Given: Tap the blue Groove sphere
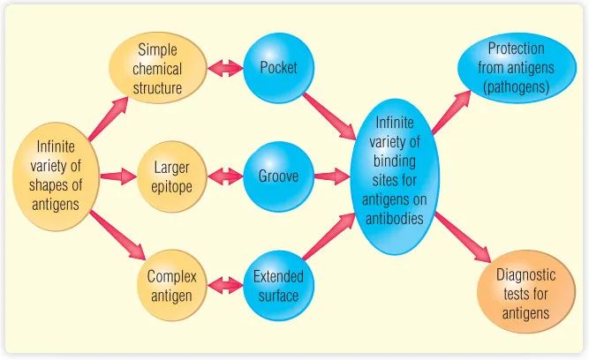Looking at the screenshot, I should pos(278,176).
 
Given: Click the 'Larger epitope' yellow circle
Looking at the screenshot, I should pos(171,176).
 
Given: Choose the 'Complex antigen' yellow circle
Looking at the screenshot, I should pos(171,286).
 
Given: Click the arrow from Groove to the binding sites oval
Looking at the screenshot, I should pos(331,176).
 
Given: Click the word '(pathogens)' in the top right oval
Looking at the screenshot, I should pos(516,88).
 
